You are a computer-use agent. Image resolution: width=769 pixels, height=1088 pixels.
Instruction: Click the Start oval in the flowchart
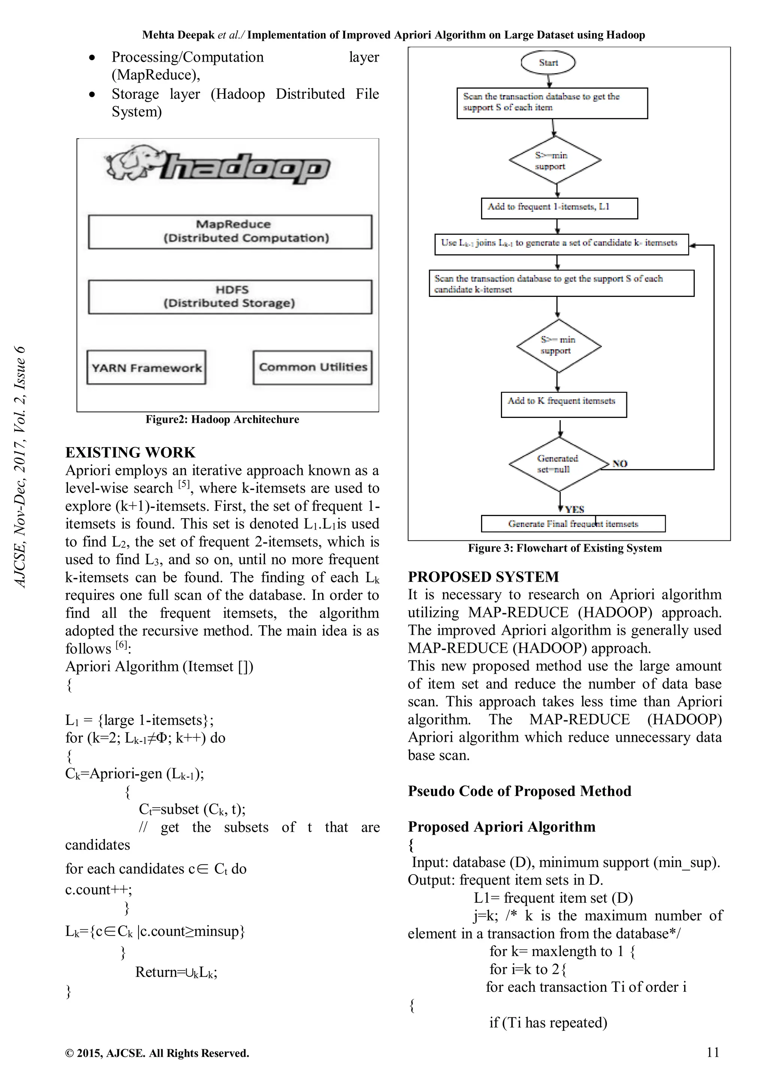pyautogui.click(x=548, y=62)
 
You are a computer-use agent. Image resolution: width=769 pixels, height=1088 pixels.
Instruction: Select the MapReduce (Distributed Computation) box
pyautogui.click(x=230, y=232)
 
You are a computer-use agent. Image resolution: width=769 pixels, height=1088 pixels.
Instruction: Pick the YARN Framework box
pyautogui.click(x=146, y=368)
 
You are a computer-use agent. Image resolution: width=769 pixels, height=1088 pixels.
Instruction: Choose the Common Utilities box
pyautogui.click(x=312, y=367)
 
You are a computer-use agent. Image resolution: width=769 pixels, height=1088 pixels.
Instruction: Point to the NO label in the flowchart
pyautogui.click(x=620, y=463)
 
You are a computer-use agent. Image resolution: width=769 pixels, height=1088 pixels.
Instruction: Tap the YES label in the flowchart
pyautogui.click(x=574, y=509)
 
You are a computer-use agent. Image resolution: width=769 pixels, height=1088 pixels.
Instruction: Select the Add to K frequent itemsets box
pyautogui.click(x=564, y=404)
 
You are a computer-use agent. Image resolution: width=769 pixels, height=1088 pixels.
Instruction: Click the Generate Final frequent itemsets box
pyautogui.click(x=573, y=524)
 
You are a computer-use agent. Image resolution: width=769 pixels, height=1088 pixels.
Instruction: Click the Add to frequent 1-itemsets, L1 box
pyautogui.click(x=559, y=208)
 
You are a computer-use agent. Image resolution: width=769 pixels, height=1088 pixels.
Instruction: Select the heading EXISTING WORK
pyautogui.click(x=130, y=452)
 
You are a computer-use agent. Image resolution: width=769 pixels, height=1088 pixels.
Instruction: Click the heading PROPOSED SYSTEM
pyautogui.click(x=484, y=577)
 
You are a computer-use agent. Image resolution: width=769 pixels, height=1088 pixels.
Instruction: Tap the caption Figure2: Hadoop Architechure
pyautogui.click(x=222, y=419)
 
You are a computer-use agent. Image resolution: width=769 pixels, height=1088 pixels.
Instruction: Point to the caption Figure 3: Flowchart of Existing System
pyautogui.click(x=565, y=548)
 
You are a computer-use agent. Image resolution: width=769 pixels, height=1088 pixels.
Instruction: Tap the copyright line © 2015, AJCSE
pyautogui.click(x=157, y=1053)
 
